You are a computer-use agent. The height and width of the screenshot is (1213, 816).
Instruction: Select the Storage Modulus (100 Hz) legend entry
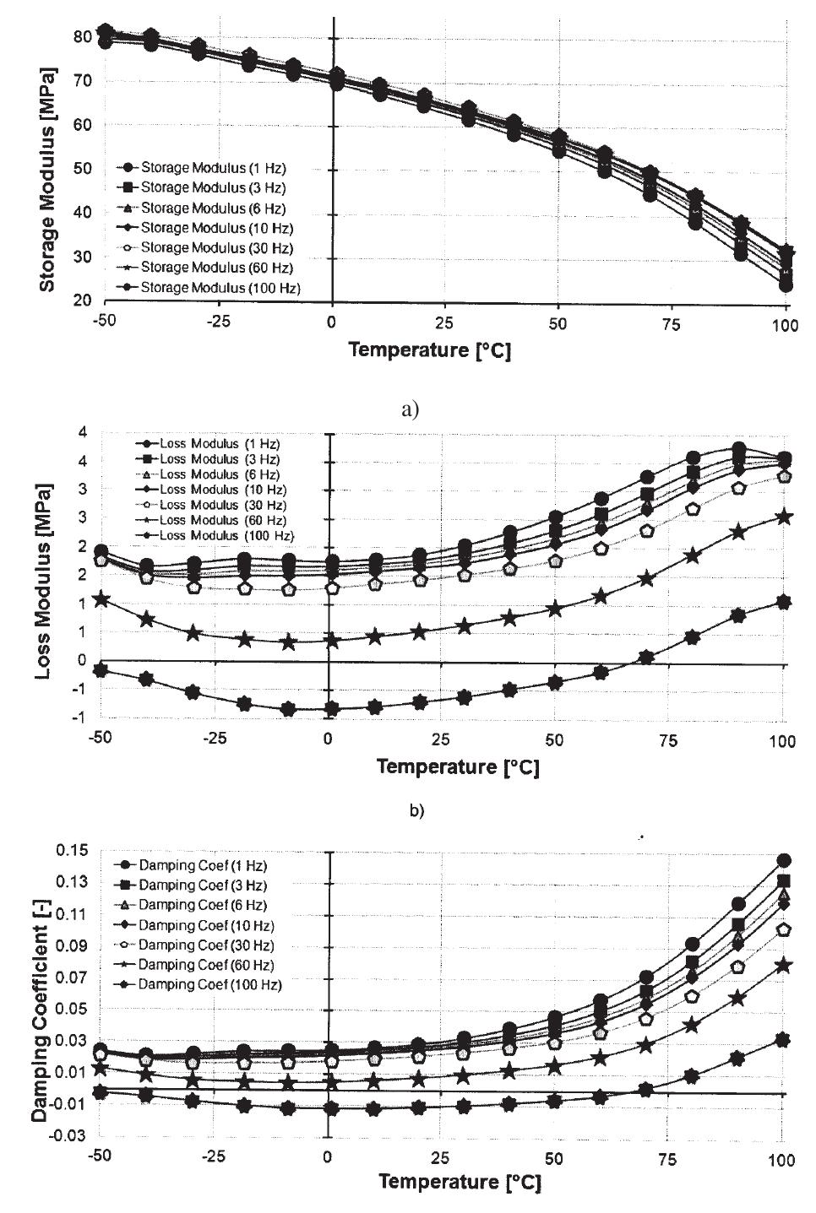point(212,288)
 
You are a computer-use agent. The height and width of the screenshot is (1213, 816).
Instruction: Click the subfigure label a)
point(411,410)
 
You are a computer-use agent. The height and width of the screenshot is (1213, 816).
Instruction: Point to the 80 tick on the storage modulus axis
point(82,36)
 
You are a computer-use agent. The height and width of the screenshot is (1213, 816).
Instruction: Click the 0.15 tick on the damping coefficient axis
point(73,850)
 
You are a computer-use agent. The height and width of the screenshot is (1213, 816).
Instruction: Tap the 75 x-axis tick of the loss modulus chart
point(668,740)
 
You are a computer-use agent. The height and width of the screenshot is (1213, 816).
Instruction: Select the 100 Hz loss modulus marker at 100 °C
point(783,602)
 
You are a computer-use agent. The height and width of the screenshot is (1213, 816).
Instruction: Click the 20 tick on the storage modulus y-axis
point(82,301)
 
